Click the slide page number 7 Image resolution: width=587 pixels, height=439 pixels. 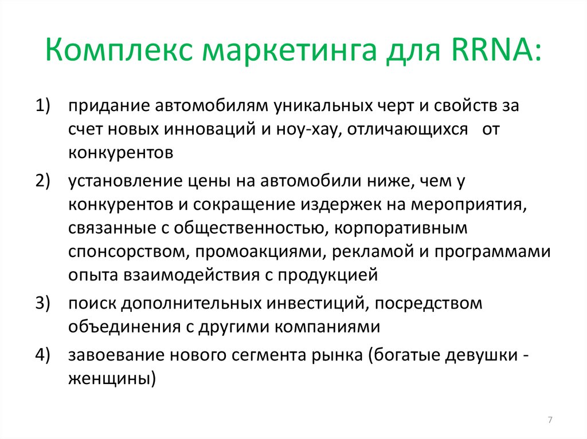point(550,421)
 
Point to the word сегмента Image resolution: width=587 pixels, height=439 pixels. point(265,354)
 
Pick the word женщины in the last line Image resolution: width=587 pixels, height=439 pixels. point(112,378)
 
